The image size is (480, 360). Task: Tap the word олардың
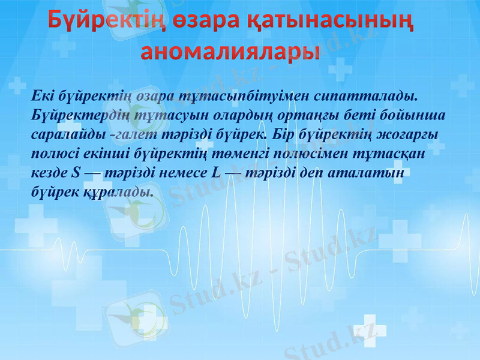[233, 115]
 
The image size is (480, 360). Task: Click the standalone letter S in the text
[74, 173]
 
